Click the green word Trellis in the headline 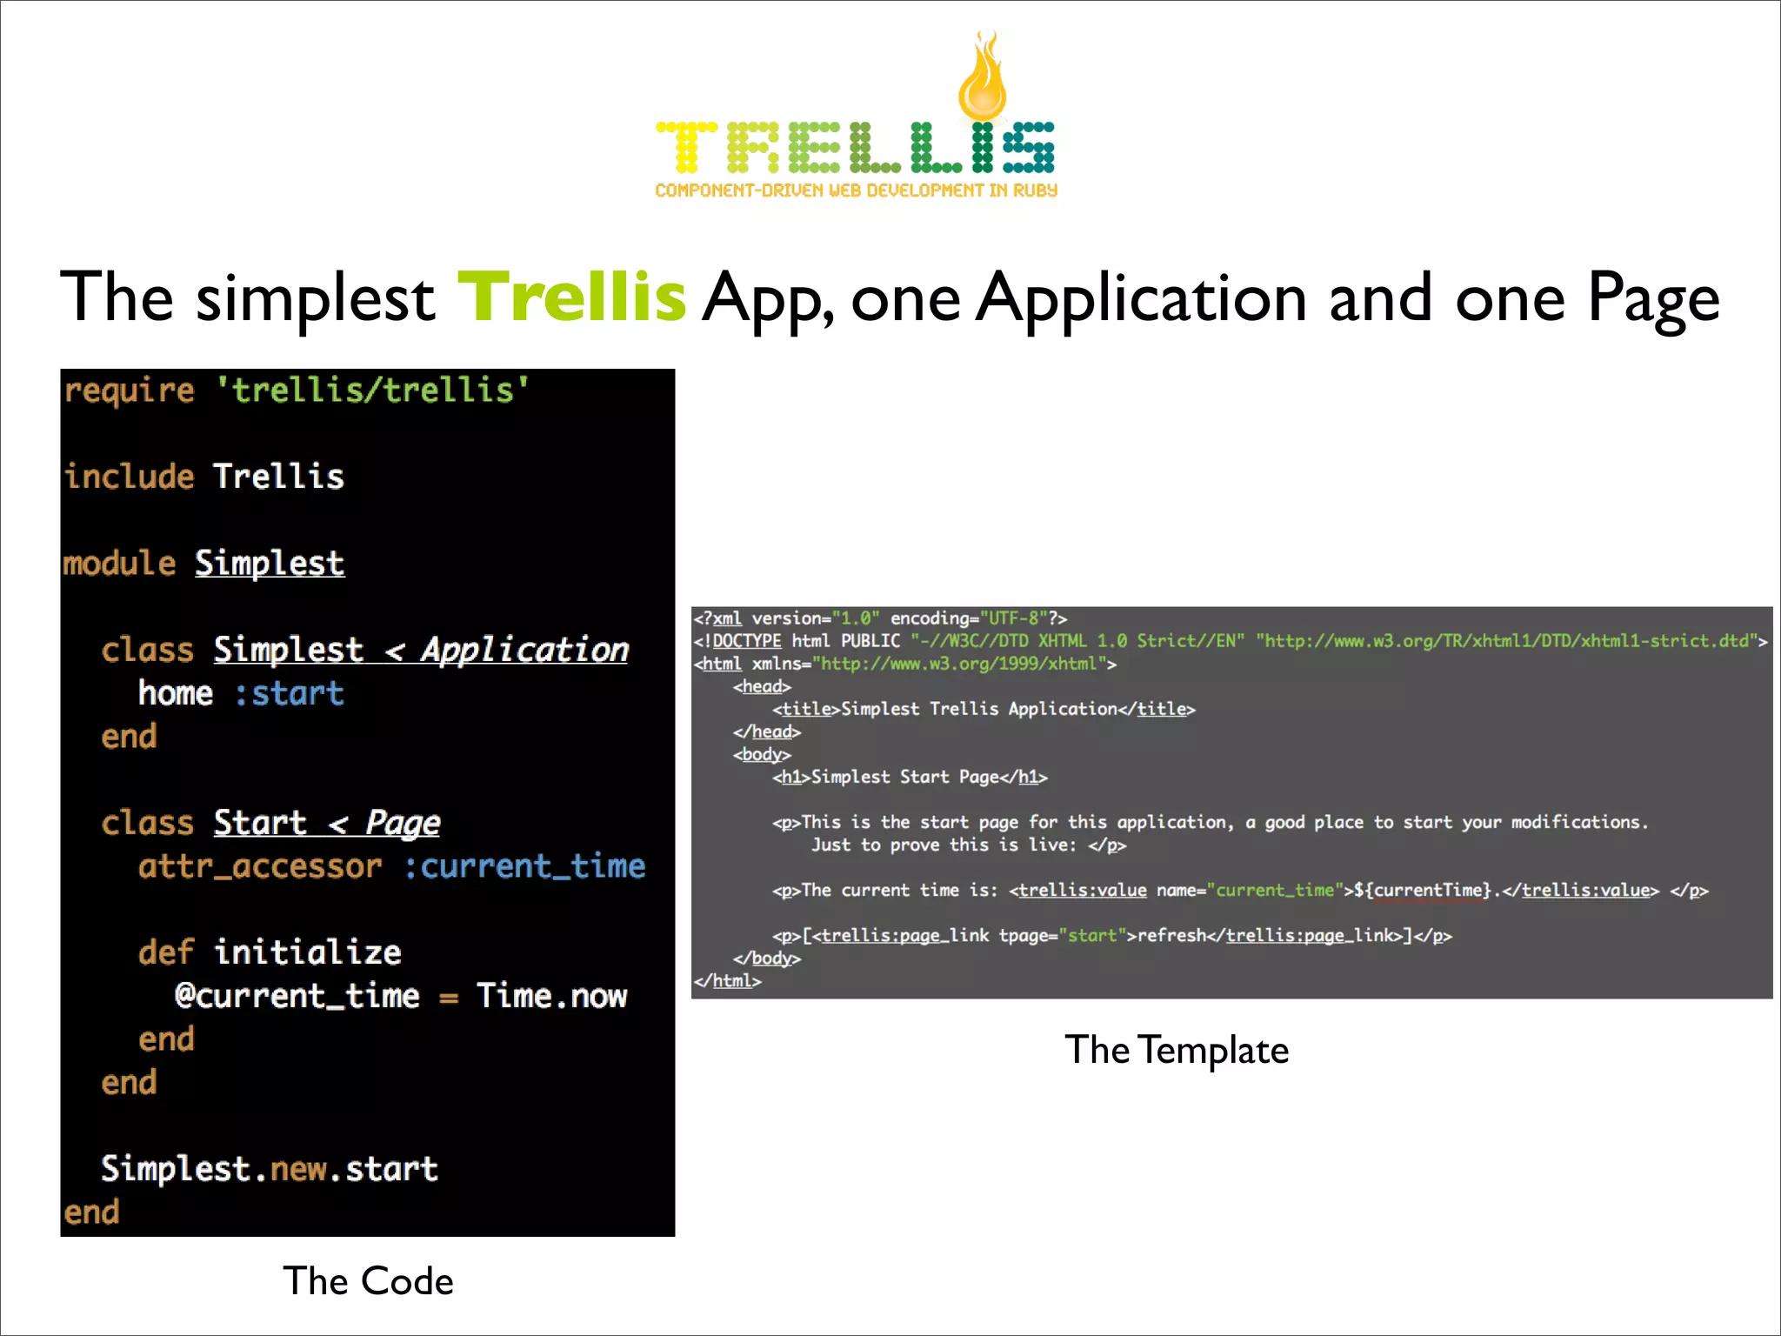(x=571, y=297)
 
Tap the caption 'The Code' (x=368, y=1281)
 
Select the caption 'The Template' (x=1176, y=1050)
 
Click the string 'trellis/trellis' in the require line (x=372, y=390)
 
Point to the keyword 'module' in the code (x=119, y=564)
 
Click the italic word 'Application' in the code (x=524, y=650)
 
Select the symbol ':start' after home (x=290, y=693)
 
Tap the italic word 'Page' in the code (x=403, y=823)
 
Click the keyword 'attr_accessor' (x=260, y=866)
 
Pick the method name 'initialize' (x=308, y=952)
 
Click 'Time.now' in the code (x=551, y=996)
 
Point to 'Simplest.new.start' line (x=269, y=1169)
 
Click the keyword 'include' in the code (x=130, y=477)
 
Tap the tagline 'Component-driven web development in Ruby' (x=856, y=190)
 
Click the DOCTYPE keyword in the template (x=746, y=641)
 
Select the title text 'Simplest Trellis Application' (x=978, y=709)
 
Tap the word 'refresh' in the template (x=1171, y=935)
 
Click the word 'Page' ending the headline (x=1653, y=297)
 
